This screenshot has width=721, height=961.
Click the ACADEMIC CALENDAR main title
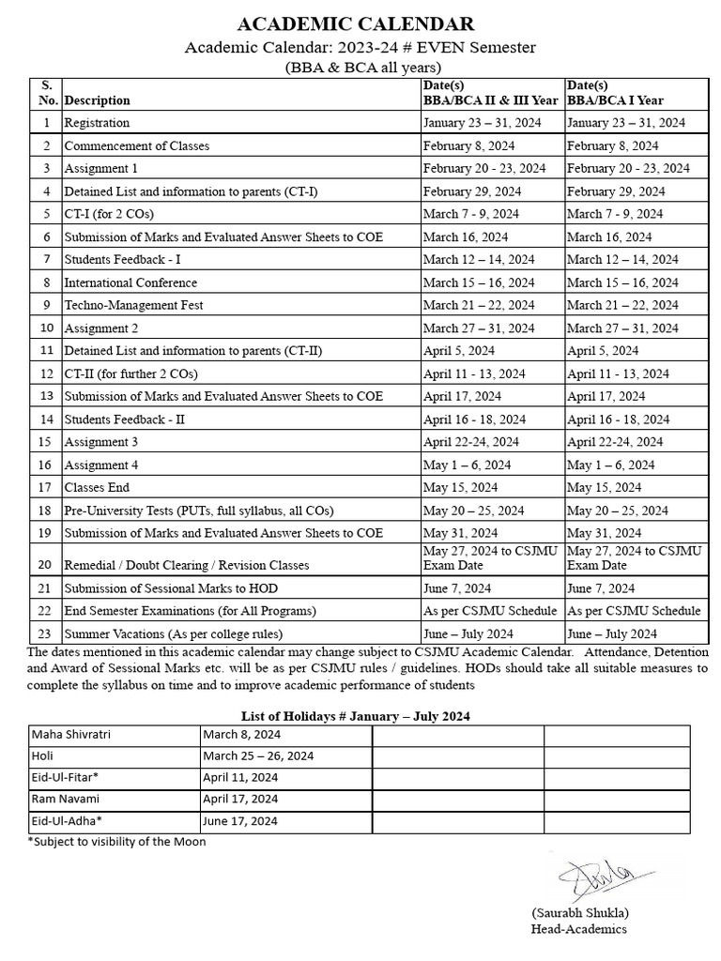pyautogui.click(x=356, y=24)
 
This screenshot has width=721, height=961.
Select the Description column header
pyautogui.click(x=98, y=100)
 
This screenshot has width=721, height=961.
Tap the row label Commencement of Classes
pyautogui.click(x=137, y=145)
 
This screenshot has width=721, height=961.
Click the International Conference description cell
pyautogui.click(x=130, y=282)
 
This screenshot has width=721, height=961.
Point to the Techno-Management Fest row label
pyautogui.click(x=133, y=305)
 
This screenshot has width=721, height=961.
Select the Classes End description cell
pyautogui.click(x=97, y=487)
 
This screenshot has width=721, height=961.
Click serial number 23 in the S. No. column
pyautogui.click(x=45, y=633)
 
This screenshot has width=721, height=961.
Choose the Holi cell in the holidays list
pyautogui.click(x=43, y=755)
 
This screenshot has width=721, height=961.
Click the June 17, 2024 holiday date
pyautogui.click(x=240, y=820)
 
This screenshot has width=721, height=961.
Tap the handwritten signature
pyautogui.click(x=596, y=879)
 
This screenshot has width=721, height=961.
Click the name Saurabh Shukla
pyautogui.click(x=579, y=913)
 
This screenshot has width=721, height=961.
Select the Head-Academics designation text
pyautogui.click(x=578, y=929)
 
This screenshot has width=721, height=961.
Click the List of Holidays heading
pyautogui.click(x=356, y=715)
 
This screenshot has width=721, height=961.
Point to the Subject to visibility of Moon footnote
pyautogui.click(x=117, y=842)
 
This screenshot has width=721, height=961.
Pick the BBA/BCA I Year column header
pyautogui.click(x=615, y=100)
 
